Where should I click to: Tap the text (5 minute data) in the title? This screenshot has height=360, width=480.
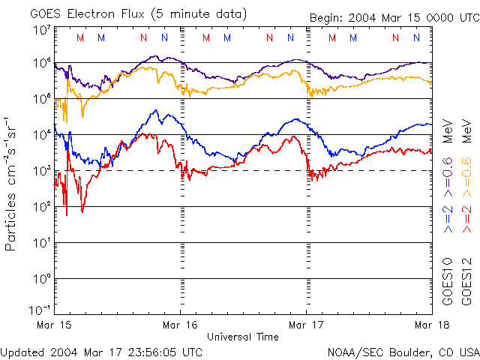point(199,13)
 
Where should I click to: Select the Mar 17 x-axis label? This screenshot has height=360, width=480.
point(306,325)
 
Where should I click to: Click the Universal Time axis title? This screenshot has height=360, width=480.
point(242,337)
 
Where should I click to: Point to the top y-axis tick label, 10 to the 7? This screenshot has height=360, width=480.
point(40,30)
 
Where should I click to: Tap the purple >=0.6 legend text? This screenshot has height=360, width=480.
point(448,177)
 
